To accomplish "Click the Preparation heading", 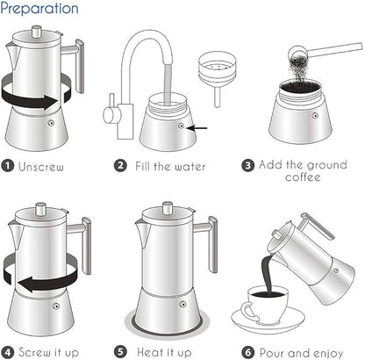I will (39, 10).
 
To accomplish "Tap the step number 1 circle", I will (9, 164).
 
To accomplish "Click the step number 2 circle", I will (120, 164).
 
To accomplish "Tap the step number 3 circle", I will (249, 164).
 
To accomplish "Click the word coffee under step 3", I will (303, 177).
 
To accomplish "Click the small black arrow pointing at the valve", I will (199, 127).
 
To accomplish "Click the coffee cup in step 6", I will (267, 306).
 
